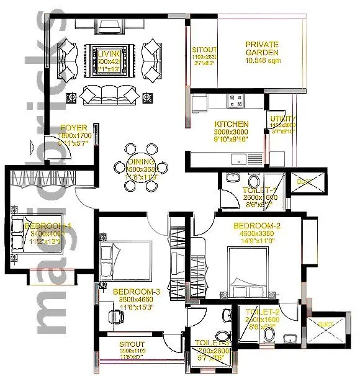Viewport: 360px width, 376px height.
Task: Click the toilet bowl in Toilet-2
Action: (x=269, y=336)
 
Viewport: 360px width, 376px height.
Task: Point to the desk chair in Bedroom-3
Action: (x=114, y=315)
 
